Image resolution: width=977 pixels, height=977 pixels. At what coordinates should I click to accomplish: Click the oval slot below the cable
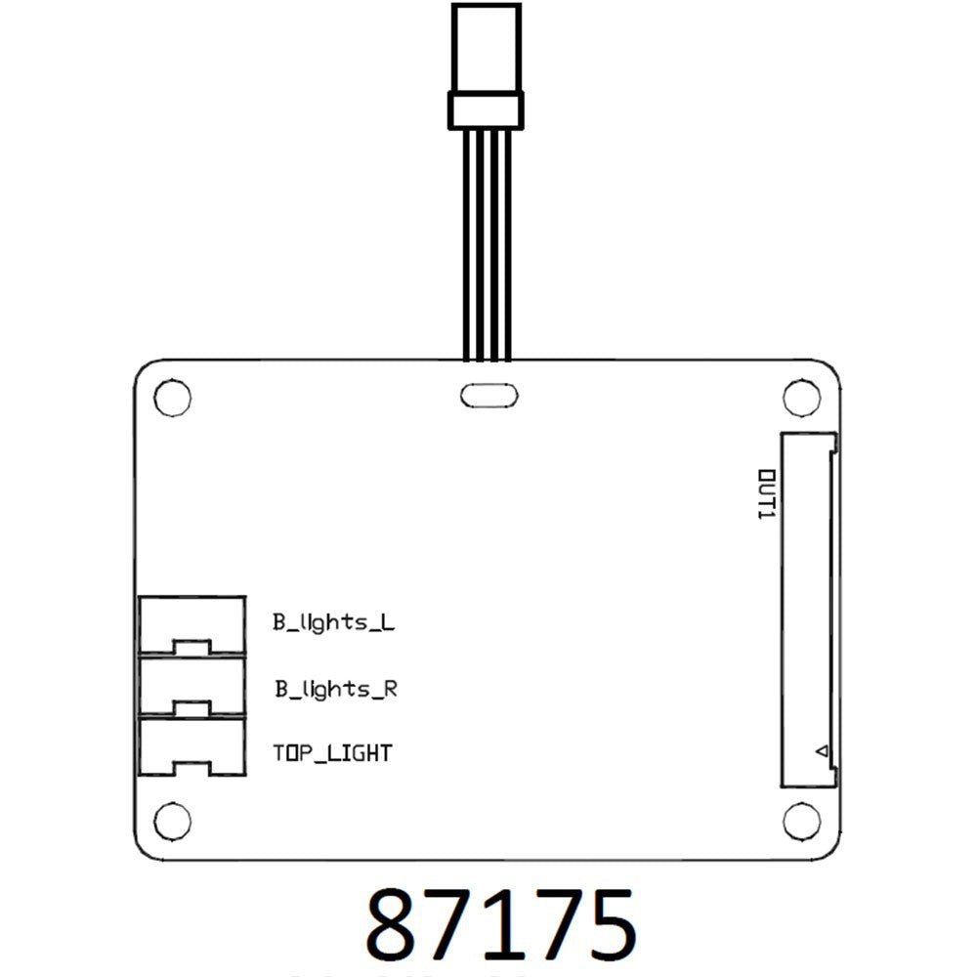click(x=488, y=396)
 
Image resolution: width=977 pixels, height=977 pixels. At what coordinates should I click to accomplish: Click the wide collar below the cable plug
click(x=487, y=109)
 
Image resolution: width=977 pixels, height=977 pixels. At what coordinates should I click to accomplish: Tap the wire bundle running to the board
click(x=487, y=244)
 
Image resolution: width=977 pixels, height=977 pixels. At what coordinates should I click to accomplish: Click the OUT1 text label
click(x=766, y=493)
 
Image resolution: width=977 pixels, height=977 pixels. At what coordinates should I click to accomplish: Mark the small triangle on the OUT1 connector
click(x=822, y=752)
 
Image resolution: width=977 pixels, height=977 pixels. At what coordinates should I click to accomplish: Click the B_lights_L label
click(x=334, y=622)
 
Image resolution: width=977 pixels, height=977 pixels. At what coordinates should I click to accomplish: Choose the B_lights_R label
click(x=335, y=689)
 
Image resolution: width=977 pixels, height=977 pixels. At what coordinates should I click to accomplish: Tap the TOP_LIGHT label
click(x=332, y=753)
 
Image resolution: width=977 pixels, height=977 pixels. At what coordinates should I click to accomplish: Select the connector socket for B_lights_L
click(x=191, y=624)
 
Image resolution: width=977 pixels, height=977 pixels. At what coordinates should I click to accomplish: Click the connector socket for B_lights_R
click(x=191, y=687)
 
